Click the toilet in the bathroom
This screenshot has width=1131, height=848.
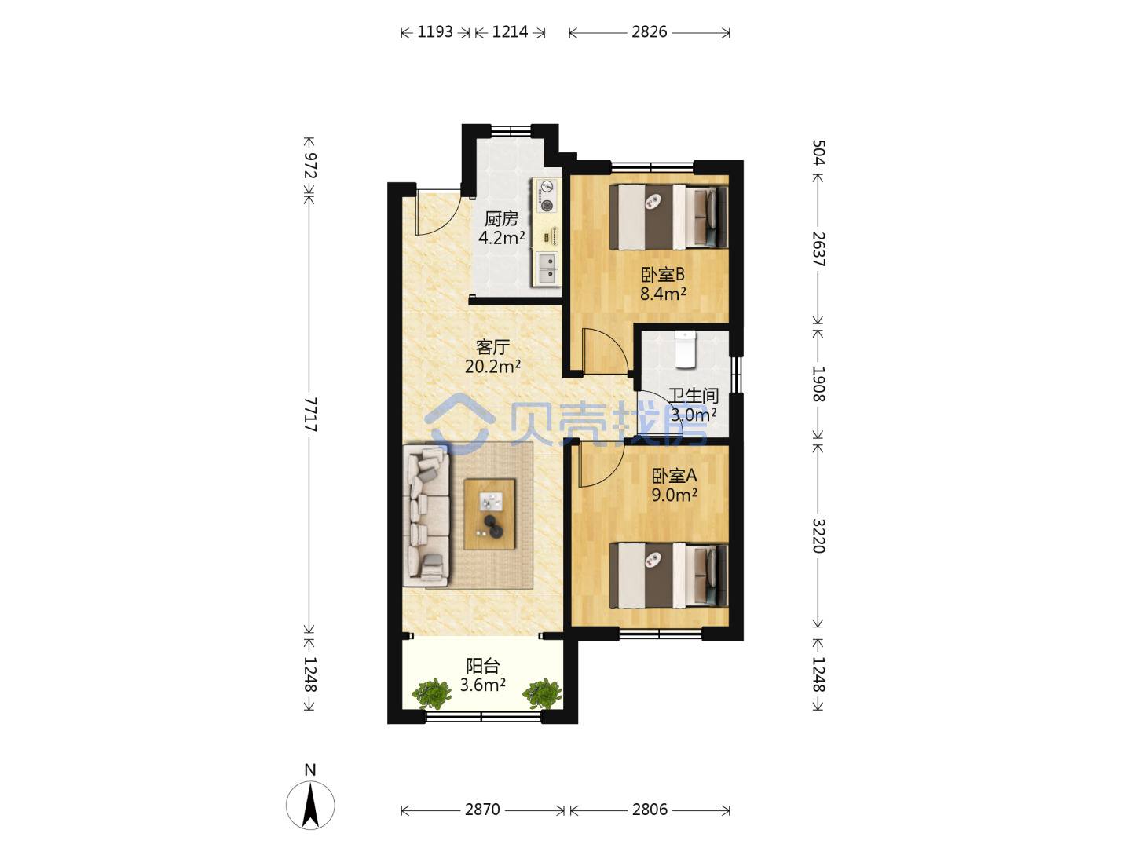pos(686,349)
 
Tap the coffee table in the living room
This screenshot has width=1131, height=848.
pos(489,514)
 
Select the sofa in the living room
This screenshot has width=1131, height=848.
pos(426,515)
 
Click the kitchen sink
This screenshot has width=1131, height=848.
pos(547,268)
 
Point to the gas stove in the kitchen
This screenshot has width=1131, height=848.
pos(546,196)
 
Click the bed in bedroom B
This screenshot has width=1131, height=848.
pos(668,217)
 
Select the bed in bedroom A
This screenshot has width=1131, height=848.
pos(668,575)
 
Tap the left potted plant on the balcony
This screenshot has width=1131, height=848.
pos(432,693)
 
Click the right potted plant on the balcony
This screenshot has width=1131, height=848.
pos(542,693)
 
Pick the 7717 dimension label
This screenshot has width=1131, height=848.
pos(309,414)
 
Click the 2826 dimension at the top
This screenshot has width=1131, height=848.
pos(650,32)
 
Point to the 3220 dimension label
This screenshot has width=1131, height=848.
pos(818,535)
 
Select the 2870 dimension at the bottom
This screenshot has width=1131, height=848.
pos(482,810)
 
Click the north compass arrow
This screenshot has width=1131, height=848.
pos(310,805)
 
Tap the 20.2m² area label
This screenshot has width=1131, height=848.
pos(492,367)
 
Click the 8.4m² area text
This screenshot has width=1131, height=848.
pos(663,294)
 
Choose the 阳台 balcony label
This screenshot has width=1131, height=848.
pos(483,666)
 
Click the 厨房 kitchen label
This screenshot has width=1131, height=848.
pos(501,219)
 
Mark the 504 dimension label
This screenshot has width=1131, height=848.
pos(818,152)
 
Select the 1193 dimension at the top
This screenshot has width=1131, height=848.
pos(435,32)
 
